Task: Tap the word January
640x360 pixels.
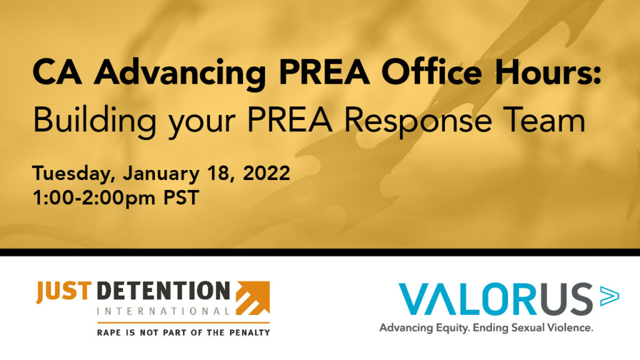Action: (x=161, y=174)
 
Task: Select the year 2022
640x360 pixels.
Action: (x=266, y=173)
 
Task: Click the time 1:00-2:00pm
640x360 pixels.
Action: (x=94, y=198)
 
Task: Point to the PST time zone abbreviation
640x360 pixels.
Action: (x=181, y=197)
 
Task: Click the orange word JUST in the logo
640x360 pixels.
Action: (x=64, y=292)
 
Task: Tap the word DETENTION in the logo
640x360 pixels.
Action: (x=163, y=291)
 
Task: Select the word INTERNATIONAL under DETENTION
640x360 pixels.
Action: (x=163, y=311)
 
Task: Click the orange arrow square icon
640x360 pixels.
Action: (x=252, y=298)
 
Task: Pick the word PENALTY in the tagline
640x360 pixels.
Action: (x=249, y=332)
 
